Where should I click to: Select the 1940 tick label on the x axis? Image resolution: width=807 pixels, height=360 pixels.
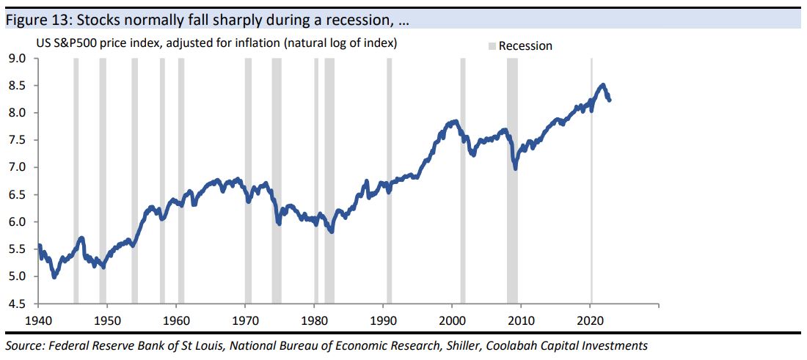click(x=37, y=320)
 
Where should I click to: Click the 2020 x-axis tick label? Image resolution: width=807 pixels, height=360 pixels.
click(x=591, y=320)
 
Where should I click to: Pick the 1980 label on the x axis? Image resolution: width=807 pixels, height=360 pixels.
click(x=314, y=320)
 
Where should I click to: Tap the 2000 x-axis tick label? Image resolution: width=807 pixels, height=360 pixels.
click(x=453, y=320)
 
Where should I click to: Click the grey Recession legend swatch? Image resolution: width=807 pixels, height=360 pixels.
click(x=492, y=46)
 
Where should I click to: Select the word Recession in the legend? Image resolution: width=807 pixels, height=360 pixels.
click(x=525, y=46)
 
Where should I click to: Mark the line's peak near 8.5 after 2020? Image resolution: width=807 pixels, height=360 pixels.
click(x=602, y=85)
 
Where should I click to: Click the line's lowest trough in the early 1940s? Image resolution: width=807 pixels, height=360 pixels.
click(x=54, y=276)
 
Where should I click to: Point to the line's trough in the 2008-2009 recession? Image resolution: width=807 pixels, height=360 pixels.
click(x=515, y=169)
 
